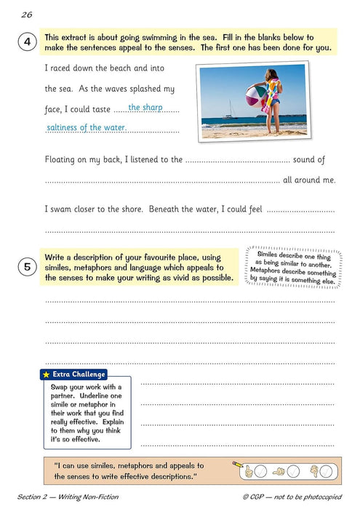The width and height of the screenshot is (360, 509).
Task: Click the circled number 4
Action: point(27,43)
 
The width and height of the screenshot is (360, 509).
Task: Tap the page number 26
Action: point(27,14)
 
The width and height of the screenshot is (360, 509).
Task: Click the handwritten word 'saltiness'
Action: point(64,128)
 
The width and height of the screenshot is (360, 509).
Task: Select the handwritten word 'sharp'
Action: point(153,108)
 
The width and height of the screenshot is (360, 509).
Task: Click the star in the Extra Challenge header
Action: point(47,374)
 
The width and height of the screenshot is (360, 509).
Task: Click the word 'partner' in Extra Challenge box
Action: point(66,397)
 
